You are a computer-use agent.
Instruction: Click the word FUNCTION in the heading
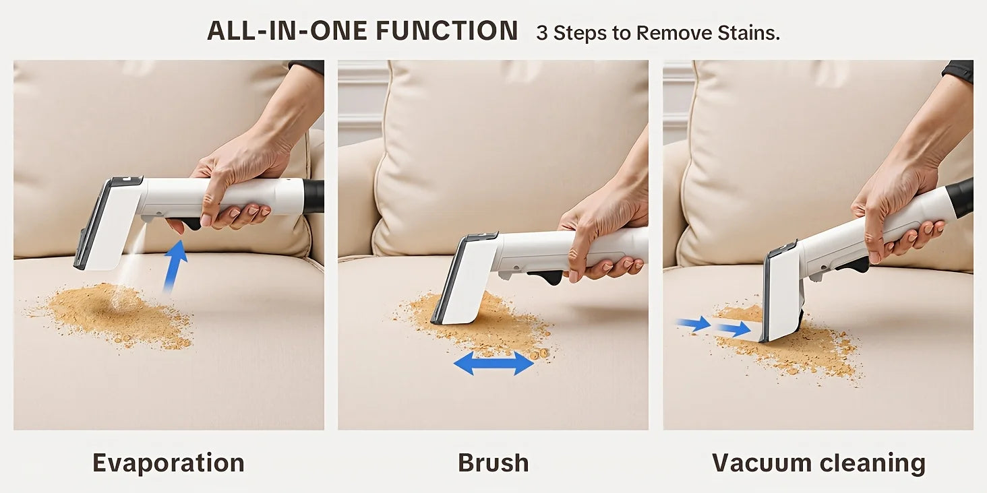(x=447, y=31)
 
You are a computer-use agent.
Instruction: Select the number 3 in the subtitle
(x=541, y=33)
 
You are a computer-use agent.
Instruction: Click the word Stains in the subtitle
(x=748, y=33)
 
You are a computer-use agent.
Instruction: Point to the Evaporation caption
(x=169, y=463)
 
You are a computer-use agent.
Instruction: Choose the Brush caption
(x=493, y=463)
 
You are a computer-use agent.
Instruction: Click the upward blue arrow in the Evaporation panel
(x=175, y=267)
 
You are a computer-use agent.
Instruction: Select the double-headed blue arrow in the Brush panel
(x=494, y=363)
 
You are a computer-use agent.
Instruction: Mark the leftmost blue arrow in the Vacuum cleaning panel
(x=693, y=325)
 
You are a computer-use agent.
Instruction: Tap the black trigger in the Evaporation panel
(x=187, y=223)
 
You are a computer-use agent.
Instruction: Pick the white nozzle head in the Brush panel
(x=466, y=279)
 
